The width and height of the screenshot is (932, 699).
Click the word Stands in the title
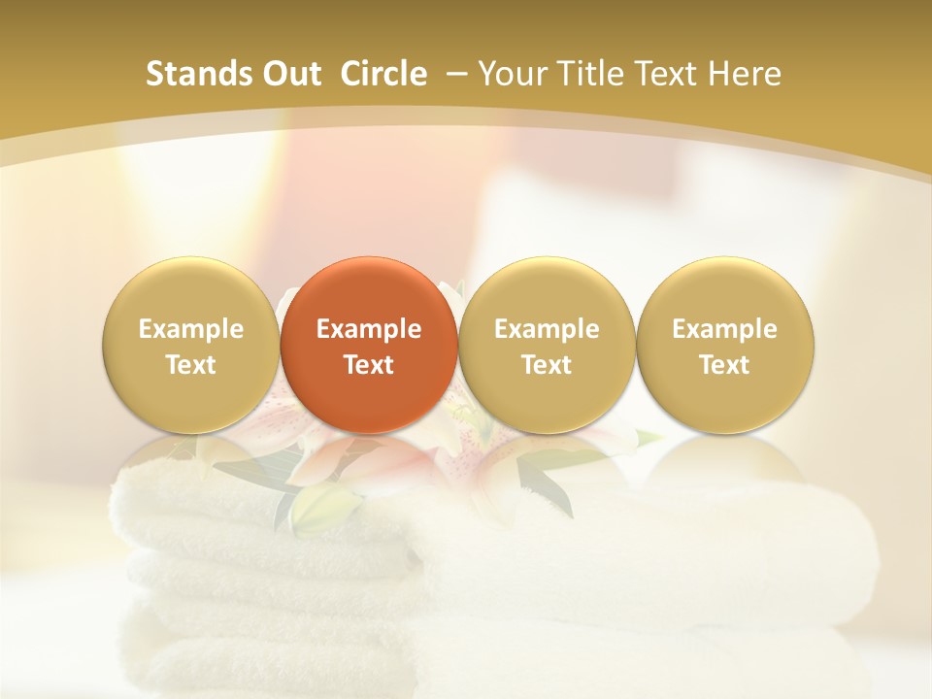tap(193, 74)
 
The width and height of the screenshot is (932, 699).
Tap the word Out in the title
tap(287, 74)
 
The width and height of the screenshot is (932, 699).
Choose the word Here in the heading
tap(745, 74)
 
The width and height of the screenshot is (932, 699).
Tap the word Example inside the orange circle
tap(369, 329)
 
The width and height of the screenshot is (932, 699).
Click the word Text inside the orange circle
tap(369, 365)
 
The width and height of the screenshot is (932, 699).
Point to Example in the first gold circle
tap(190, 329)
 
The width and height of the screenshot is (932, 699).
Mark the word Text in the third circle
tap(547, 365)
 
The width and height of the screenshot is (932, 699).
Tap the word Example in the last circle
tap(724, 329)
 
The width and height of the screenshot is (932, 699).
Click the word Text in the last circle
tap(724, 365)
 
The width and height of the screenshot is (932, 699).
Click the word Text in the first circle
tap(190, 365)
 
